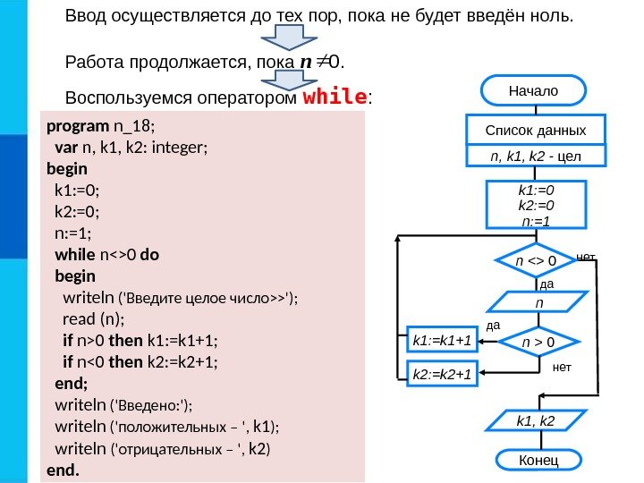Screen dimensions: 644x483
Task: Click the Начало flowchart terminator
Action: click(x=533, y=90)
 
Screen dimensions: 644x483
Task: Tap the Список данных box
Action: click(x=536, y=130)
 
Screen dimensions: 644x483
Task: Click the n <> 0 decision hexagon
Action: click(x=536, y=261)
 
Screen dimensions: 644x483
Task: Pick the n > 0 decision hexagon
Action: click(x=536, y=342)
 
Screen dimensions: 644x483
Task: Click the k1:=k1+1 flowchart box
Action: click(x=442, y=340)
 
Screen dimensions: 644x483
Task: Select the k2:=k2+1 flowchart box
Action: click(x=442, y=375)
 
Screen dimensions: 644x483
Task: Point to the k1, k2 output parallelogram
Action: click(x=536, y=419)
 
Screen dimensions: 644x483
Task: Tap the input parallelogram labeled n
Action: click(x=538, y=303)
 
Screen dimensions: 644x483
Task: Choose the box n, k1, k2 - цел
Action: click(x=536, y=157)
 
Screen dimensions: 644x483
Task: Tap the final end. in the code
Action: click(x=63, y=469)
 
